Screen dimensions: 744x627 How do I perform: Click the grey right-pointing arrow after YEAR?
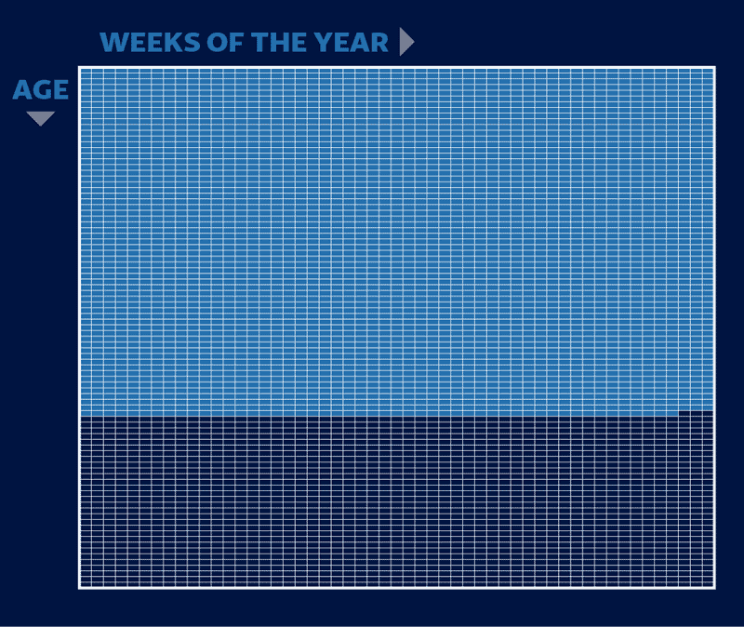[x=406, y=42]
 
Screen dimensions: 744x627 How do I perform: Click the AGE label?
[x=41, y=89]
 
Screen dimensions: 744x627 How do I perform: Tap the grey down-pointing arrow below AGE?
[x=40, y=118]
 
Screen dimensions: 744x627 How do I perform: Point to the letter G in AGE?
[x=41, y=89]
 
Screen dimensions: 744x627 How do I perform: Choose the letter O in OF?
[x=217, y=42]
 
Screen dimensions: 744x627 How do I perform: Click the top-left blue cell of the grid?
[x=86, y=73]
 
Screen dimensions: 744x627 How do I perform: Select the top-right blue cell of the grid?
[x=708, y=73]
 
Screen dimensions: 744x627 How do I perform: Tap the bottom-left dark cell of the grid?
[x=86, y=582]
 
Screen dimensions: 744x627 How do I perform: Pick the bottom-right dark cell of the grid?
[x=708, y=582]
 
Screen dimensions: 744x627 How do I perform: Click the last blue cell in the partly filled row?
[x=671, y=413]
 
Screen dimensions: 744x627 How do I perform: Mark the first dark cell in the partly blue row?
[x=684, y=413]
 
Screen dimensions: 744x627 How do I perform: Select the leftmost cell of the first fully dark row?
[x=86, y=420]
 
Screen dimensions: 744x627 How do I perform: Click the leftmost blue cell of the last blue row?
[x=86, y=413]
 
